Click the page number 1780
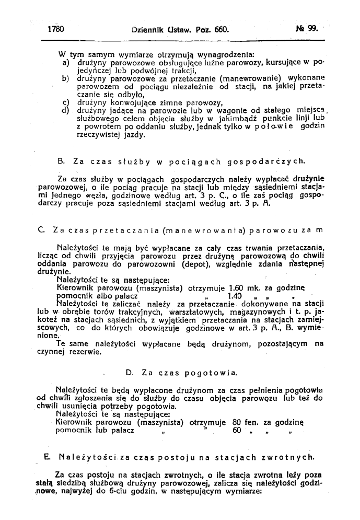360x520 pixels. [x=55, y=30]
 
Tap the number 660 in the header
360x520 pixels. [x=220, y=30]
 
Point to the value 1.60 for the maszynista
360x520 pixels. [x=238, y=287]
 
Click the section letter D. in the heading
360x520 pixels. [x=130, y=373]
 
